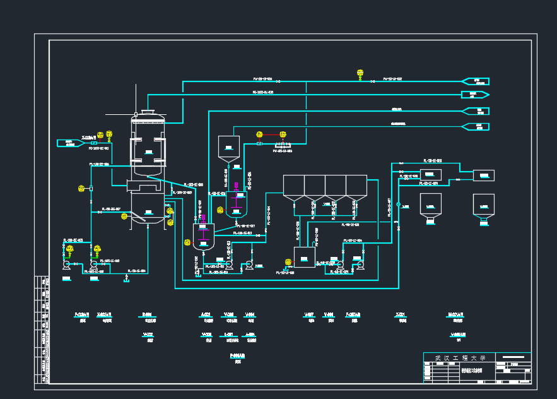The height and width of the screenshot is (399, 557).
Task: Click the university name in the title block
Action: coord(460,358)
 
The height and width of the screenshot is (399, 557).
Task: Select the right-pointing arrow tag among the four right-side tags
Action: coord(475,95)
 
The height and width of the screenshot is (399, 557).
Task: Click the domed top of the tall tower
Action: coord(148,114)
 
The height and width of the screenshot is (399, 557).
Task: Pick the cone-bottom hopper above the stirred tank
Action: coord(228,148)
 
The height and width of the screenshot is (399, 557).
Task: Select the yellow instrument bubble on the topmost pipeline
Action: coord(360,73)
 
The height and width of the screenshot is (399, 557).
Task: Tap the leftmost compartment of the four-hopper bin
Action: coord(293,186)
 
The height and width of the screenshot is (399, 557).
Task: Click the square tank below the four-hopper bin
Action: coord(304,257)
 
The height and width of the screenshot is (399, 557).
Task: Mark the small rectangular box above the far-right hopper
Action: coord(484,175)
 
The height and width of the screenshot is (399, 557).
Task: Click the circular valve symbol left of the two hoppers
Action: coord(399,205)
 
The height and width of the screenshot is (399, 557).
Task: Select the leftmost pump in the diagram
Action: coord(67,265)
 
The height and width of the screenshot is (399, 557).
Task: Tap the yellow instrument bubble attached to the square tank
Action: coord(289,261)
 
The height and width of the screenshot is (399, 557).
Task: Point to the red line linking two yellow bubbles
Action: coord(271,134)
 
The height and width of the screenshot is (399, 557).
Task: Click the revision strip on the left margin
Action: coord(44,329)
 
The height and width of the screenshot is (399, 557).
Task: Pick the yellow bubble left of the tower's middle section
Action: coord(81,188)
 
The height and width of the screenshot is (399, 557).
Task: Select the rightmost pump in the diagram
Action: coord(360,265)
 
